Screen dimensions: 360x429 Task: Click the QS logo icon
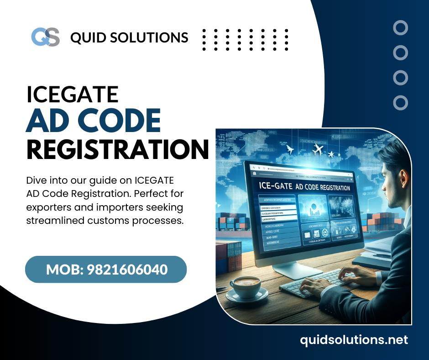pyautogui.click(x=45, y=37)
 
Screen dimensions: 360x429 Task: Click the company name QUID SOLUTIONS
pyautogui.click(x=129, y=37)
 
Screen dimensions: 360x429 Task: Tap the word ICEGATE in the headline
pyautogui.click(x=73, y=94)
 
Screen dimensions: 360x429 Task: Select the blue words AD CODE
pyautogui.click(x=94, y=121)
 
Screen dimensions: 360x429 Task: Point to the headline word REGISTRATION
pyautogui.click(x=117, y=149)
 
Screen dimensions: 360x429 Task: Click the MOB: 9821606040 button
pyautogui.click(x=106, y=270)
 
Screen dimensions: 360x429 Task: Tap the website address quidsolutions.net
pyautogui.click(x=354, y=339)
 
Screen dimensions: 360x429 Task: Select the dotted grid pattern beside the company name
pyautogui.click(x=245, y=37)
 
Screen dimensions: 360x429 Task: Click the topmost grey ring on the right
pyautogui.click(x=400, y=28)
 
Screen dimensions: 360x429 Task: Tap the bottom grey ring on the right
pyautogui.click(x=400, y=102)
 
